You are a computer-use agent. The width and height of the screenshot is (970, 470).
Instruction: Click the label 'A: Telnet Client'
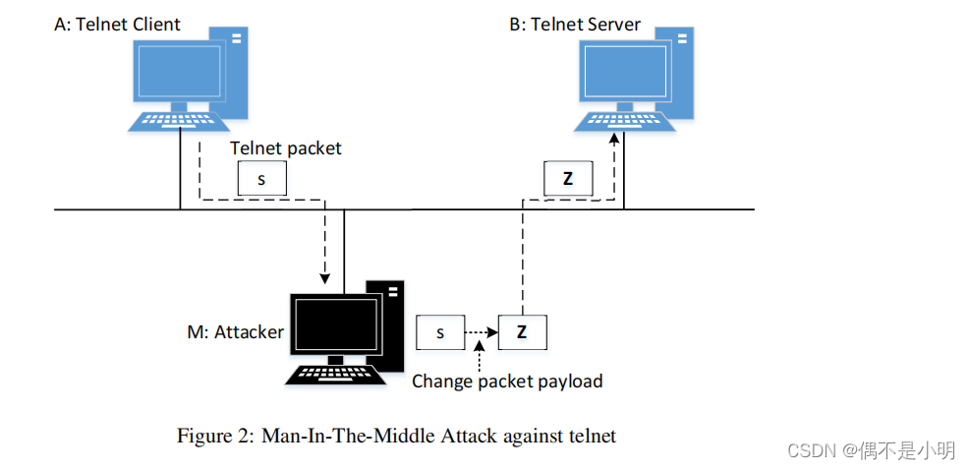pyautogui.click(x=117, y=25)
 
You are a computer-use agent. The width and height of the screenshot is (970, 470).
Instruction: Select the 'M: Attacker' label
pyautogui.click(x=235, y=332)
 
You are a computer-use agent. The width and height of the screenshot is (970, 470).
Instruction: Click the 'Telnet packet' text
pyautogui.click(x=286, y=148)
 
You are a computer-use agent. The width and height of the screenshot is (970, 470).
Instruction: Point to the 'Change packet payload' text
pyautogui.click(x=507, y=381)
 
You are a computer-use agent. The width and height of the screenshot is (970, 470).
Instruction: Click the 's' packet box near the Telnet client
pyautogui.click(x=260, y=178)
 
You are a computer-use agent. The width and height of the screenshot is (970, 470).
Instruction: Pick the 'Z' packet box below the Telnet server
pyautogui.click(x=568, y=179)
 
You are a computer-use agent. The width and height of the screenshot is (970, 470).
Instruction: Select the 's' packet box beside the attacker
pyautogui.click(x=440, y=333)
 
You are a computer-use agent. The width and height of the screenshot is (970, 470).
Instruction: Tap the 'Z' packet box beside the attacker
pyautogui.click(x=522, y=333)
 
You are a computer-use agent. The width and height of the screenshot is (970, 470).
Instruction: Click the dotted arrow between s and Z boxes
pyautogui.click(x=482, y=333)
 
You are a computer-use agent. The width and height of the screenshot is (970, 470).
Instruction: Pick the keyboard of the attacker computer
pyautogui.click(x=332, y=374)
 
